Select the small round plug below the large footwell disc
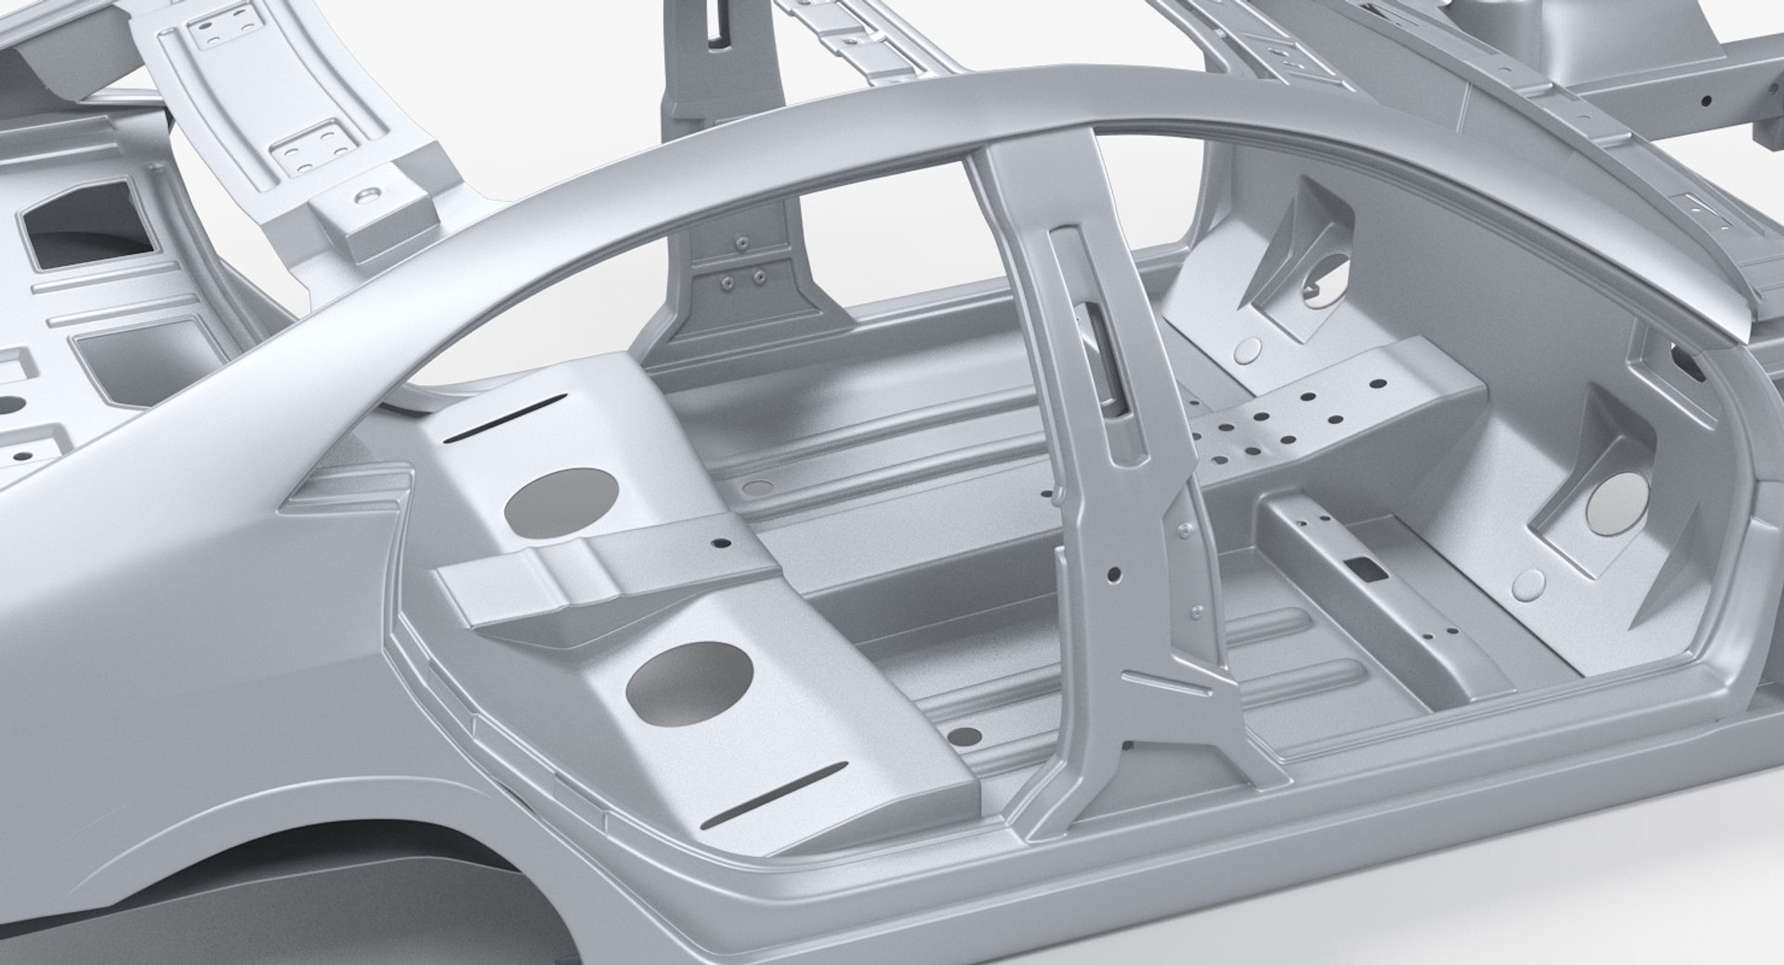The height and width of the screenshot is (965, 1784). [x=1529, y=584]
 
